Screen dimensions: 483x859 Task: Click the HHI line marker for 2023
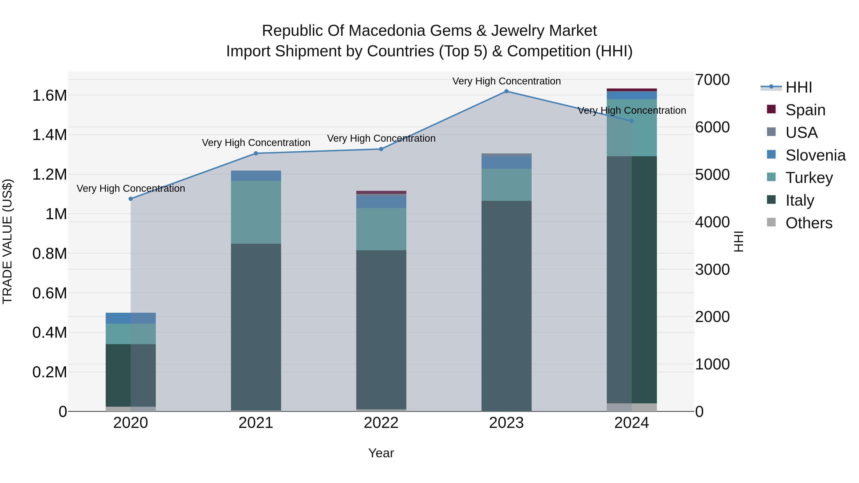coord(506,91)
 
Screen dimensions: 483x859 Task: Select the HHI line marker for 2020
coord(131,199)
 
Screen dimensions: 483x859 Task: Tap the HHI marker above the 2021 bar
coord(256,153)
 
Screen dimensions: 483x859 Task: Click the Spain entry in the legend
coord(805,110)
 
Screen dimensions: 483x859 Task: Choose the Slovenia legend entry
coord(815,155)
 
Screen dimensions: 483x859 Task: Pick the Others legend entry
coord(808,223)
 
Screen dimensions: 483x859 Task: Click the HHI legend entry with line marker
coord(798,87)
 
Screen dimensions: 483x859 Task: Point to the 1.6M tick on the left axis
coord(49,96)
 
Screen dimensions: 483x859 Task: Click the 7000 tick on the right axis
coord(712,80)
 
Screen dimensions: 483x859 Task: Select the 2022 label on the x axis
coord(381,423)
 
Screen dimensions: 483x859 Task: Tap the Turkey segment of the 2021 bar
coord(256,212)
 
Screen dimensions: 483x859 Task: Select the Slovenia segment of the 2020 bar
coord(131,318)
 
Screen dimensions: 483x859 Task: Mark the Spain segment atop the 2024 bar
coord(632,90)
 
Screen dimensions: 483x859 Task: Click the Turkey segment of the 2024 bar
coord(632,128)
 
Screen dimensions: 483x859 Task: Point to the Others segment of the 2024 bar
coord(632,407)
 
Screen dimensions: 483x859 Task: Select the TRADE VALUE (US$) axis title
coord(7,241)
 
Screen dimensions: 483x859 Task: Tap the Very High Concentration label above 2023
coord(506,81)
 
